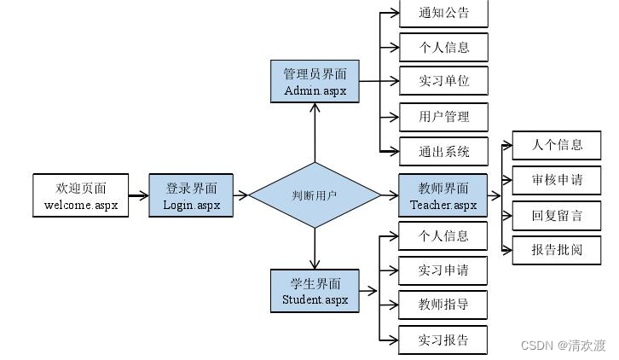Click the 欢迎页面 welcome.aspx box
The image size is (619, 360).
coord(80,195)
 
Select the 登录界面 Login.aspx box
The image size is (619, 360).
coord(191,195)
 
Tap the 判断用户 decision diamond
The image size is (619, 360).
coord(315,195)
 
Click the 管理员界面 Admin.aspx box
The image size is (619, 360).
coord(315,81)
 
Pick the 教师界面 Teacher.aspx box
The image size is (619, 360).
coord(443,195)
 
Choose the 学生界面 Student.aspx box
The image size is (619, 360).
coord(315,291)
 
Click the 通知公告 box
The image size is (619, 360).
coord(443,13)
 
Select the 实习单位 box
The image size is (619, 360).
coord(443,80)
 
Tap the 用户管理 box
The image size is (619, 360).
coord(443,117)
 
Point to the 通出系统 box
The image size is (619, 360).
coord(443,151)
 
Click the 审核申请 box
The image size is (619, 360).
coord(557,180)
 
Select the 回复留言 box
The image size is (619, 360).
coord(557,216)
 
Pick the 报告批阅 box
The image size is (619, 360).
coord(557,250)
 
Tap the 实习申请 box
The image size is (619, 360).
coord(443,270)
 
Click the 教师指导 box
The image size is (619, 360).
coord(443,305)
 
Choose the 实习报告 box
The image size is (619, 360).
coord(443,340)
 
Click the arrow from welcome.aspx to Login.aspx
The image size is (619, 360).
coord(139,195)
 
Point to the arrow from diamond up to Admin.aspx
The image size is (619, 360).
coord(315,133)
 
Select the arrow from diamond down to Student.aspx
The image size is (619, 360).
coord(315,249)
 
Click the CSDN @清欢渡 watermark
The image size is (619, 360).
coord(564,345)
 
